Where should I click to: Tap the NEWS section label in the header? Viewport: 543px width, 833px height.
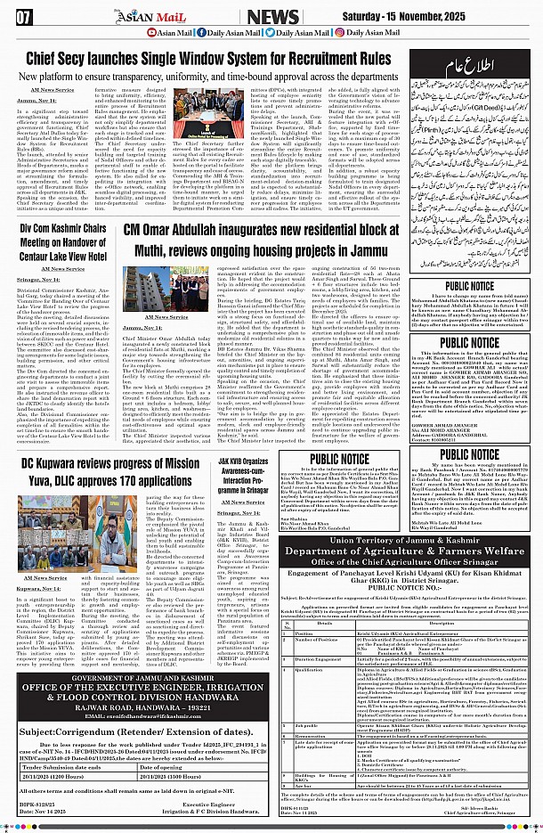pyautogui.click(x=273, y=16)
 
